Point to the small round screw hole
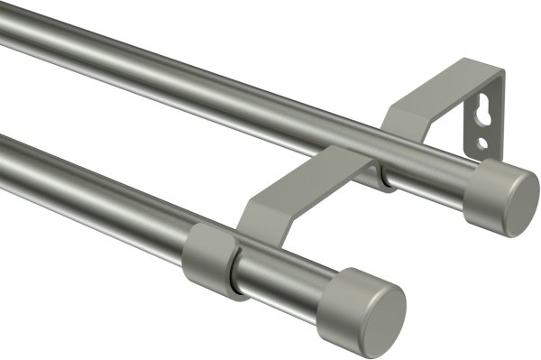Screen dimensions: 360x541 (x=484, y=143)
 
